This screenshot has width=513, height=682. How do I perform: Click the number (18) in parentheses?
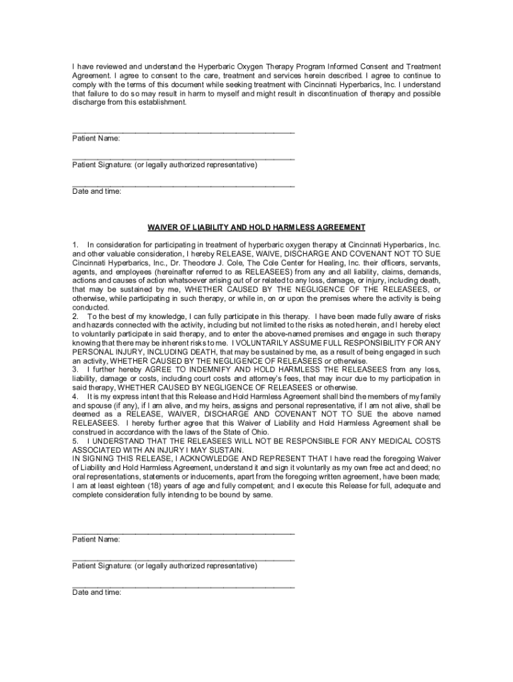tap(147, 486)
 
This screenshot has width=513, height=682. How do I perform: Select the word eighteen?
tap(122, 486)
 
